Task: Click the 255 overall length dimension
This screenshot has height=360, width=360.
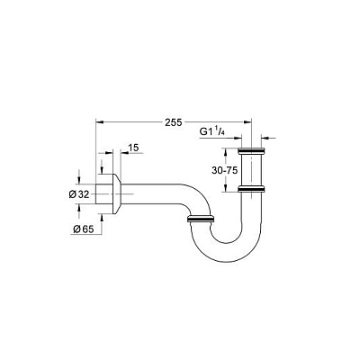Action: coord(174,122)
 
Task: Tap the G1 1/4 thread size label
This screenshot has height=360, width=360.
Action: coord(212,131)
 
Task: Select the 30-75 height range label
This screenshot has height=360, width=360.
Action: coord(225,170)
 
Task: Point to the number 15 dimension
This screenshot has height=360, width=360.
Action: coord(133,148)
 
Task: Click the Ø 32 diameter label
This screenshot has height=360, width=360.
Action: coord(79,194)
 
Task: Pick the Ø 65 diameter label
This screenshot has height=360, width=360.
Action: coord(84,229)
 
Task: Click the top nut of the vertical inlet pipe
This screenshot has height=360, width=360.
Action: coord(251,150)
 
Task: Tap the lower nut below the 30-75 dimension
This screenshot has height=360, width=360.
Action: coord(251,189)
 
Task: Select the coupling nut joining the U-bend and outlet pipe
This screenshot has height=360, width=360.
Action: coord(201,219)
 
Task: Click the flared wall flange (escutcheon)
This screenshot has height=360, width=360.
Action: coord(117,193)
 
